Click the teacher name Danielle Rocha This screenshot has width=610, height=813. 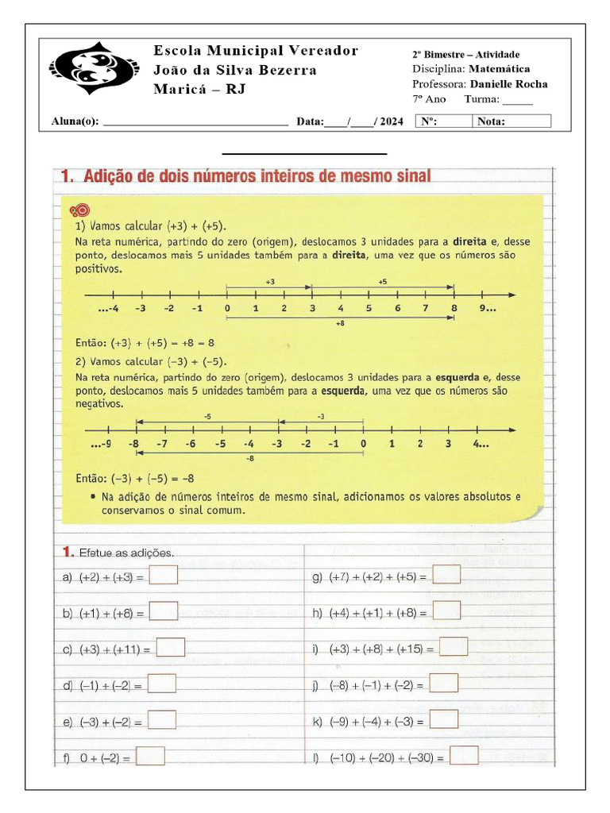coord(508,84)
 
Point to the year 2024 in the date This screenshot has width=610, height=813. coord(392,121)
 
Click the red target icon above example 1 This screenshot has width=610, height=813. coord(79,210)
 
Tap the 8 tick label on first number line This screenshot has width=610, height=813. coord(454,309)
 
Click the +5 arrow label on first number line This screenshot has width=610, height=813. coord(382,282)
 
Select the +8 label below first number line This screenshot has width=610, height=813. coord(340,324)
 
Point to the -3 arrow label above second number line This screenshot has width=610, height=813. coord(321,416)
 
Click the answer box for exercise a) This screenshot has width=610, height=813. coord(164,576)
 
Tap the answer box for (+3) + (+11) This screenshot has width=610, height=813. coord(171,648)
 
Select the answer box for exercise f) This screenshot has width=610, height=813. coord(150,757)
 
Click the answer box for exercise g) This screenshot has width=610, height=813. coord(446,575)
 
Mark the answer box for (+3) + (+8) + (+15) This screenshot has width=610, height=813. coord(454,647)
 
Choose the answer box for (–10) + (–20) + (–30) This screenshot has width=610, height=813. coord(464,756)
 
